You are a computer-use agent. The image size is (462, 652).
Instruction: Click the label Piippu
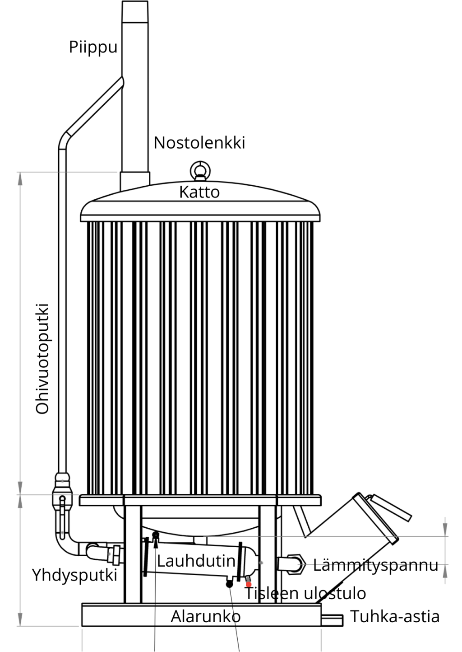[93, 47]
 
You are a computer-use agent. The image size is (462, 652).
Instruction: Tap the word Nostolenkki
[199, 143]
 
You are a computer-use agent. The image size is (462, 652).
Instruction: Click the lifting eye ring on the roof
[200, 170]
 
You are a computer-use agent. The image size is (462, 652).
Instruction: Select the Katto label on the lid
[199, 192]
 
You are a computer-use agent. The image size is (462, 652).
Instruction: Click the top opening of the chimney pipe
[135, 2]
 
